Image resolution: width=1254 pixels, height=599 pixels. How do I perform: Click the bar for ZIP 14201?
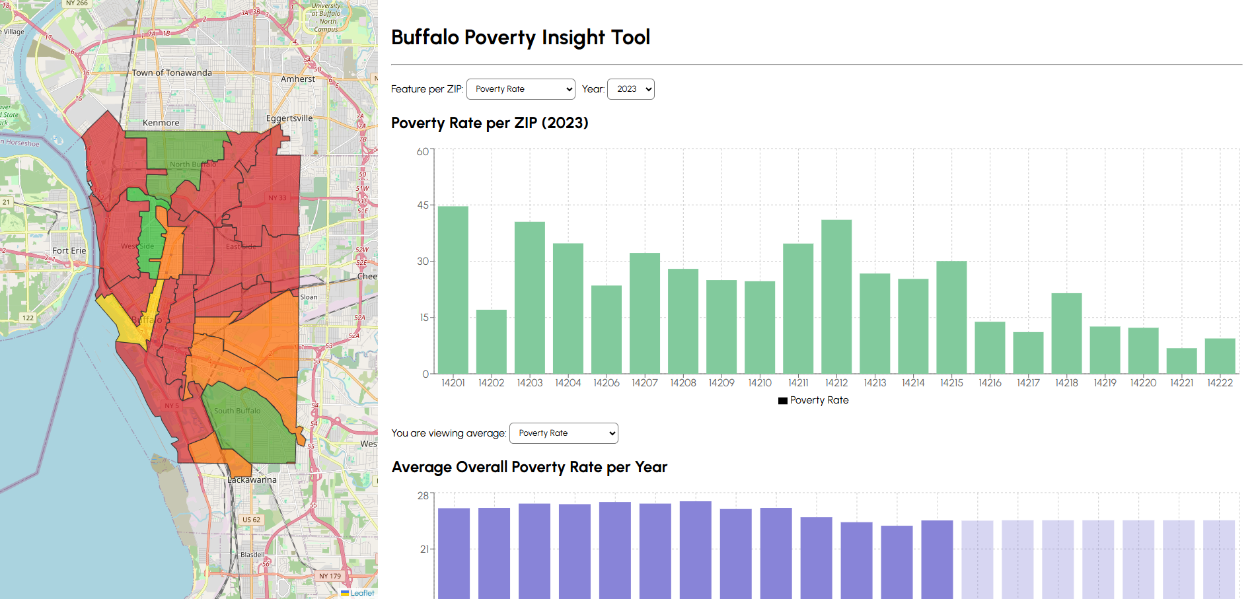point(453,291)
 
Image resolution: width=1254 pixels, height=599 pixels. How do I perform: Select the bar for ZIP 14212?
point(836,297)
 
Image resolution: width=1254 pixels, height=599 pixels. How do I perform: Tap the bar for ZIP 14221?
point(1181,361)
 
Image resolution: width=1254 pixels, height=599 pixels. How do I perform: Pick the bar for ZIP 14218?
point(1066,334)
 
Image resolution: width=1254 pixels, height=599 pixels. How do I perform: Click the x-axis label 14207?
point(644,383)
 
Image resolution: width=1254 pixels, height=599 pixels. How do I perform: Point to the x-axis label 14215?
point(951,383)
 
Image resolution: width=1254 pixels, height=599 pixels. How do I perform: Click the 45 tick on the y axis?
point(423,205)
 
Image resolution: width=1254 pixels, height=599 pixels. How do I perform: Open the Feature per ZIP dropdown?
point(521,89)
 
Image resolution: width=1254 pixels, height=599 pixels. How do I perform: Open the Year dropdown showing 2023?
point(630,89)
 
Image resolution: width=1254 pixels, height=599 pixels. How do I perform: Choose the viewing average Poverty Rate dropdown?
point(564,433)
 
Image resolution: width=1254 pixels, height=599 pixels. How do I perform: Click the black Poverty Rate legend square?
point(783,401)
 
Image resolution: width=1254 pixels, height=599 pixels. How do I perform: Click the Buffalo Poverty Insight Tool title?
point(521,38)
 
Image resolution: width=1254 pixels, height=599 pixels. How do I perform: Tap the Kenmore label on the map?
point(161,123)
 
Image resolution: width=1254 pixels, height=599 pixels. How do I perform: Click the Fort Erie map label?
point(69,251)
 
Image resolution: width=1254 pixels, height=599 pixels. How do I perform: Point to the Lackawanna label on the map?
point(252,480)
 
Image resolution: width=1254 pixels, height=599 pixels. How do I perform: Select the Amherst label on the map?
point(297,79)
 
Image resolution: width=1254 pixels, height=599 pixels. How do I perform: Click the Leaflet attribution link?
point(362,593)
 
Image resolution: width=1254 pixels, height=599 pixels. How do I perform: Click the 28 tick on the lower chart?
point(423,495)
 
